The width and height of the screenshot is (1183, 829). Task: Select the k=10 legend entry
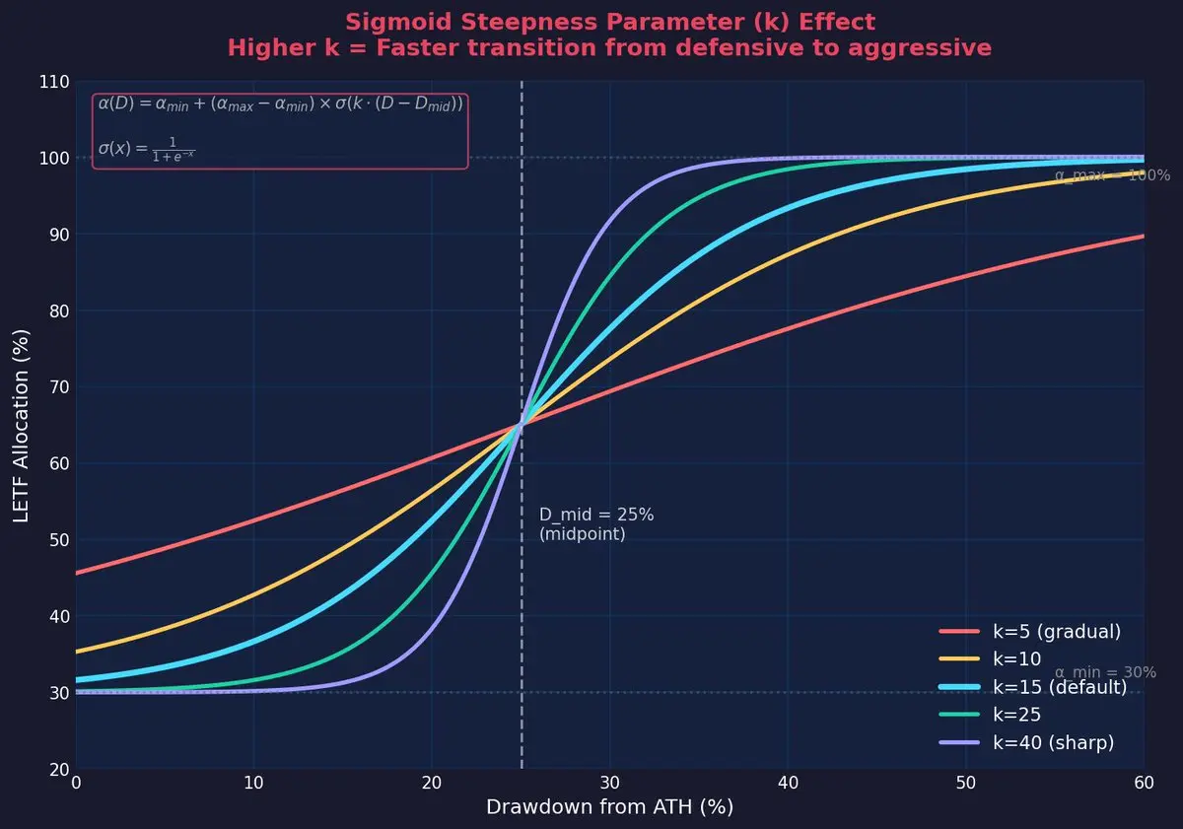coord(1014,659)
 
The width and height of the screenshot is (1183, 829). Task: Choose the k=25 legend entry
coord(1016,715)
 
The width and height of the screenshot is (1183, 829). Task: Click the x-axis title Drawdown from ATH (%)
coord(609,807)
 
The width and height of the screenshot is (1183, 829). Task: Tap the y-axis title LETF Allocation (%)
coord(22,425)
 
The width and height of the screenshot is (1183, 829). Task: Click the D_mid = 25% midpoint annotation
coord(595,524)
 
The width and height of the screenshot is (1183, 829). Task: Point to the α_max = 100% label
coord(1112,175)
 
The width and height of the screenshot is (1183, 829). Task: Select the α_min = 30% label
coord(1105,672)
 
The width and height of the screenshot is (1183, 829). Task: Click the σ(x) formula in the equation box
coord(146,149)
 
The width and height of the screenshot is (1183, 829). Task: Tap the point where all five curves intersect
coord(522,425)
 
